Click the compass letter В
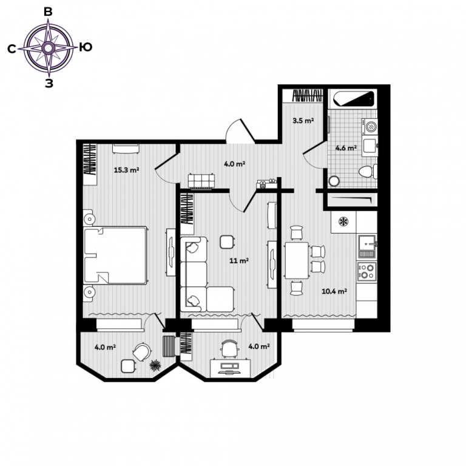click(48, 12)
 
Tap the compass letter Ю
click(86, 47)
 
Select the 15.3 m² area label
click(127, 171)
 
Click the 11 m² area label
click(239, 261)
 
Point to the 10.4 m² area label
click(334, 291)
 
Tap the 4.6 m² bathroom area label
click(346, 147)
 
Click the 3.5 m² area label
click(303, 121)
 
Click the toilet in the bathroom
click(368, 172)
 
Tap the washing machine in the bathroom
click(370, 126)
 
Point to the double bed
click(115, 255)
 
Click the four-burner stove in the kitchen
click(366, 271)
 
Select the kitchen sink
click(367, 246)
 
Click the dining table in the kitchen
click(297, 260)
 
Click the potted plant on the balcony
click(155, 365)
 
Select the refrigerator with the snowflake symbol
click(343, 221)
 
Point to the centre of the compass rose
click(48, 48)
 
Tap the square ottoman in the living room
click(227, 242)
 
